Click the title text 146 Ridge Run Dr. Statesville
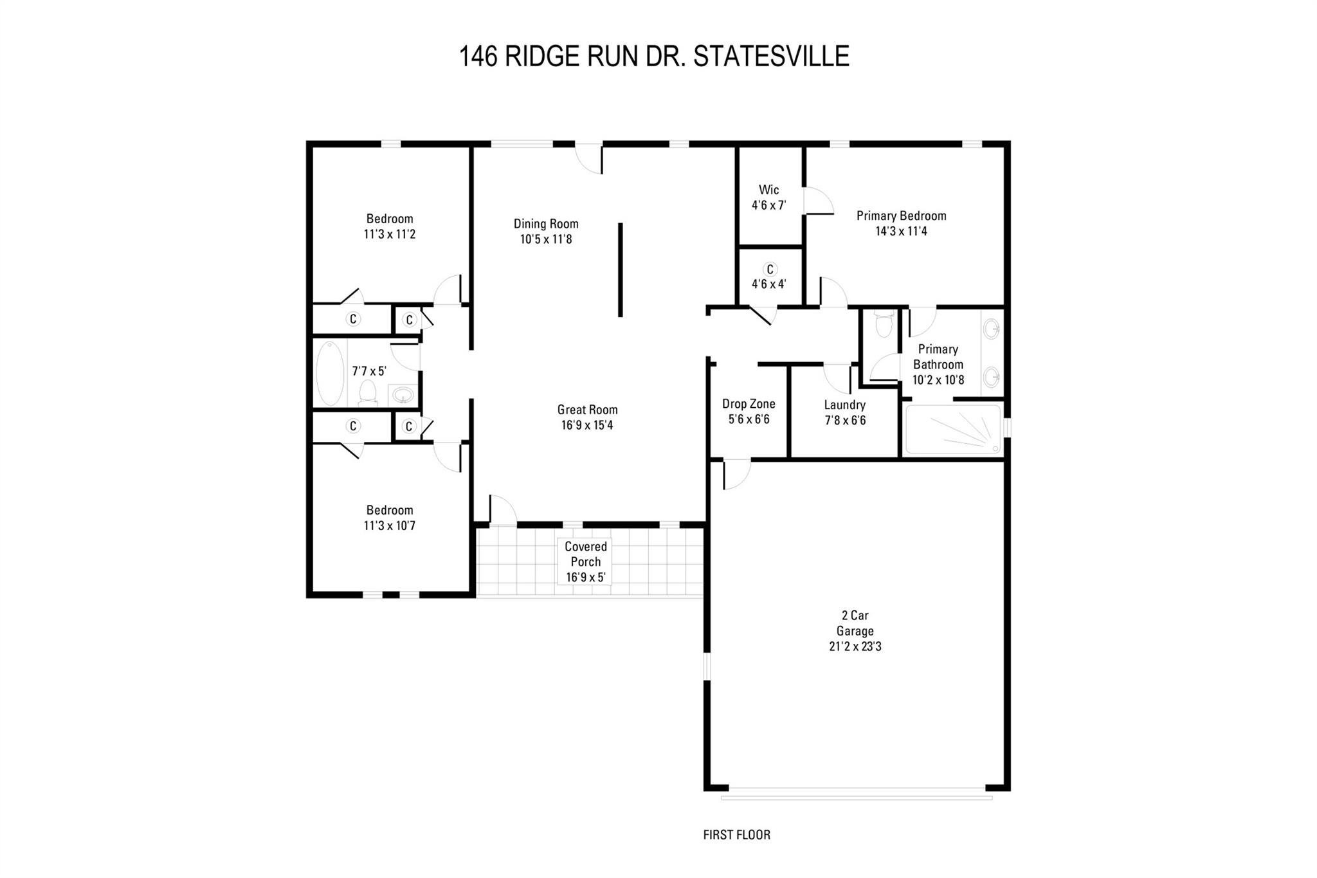(x=653, y=57)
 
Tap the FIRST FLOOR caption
(x=736, y=835)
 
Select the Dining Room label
(x=545, y=224)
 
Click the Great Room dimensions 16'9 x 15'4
(x=586, y=425)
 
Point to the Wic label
(x=768, y=190)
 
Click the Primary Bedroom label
(x=901, y=215)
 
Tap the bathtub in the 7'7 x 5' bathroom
(x=329, y=373)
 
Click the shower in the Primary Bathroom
(x=953, y=429)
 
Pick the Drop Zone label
(x=749, y=404)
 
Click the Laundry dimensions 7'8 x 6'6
(x=845, y=421)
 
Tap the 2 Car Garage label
(x=855, y=623)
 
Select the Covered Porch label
(x=585, y=554)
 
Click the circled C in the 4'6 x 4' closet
(x=770, y=270)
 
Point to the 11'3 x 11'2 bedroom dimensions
(x=389, y=234)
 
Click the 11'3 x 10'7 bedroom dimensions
(x=389, y=526)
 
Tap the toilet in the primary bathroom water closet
(x=884, y=324)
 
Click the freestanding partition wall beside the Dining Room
(x=620, y=270)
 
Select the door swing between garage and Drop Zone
(x=736, y=474)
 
